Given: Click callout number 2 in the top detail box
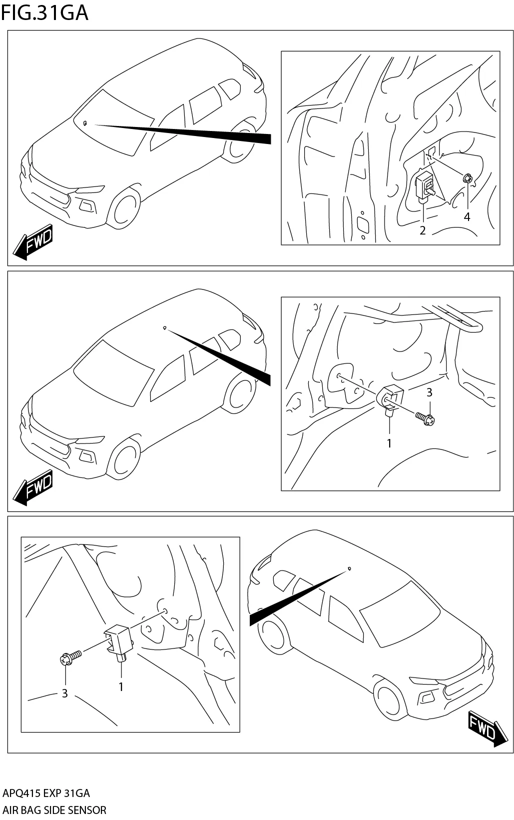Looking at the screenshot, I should (423, 230).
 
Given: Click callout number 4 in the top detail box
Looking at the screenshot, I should (467, 217).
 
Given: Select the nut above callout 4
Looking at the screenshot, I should (468, 178).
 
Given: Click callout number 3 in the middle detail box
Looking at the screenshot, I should (429, 393).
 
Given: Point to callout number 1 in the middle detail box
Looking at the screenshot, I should (389, 443).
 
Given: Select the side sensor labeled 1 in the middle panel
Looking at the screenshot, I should (390, 398).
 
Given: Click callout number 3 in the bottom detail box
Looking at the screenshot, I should (64, 693).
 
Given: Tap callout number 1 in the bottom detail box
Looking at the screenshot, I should (120, 687).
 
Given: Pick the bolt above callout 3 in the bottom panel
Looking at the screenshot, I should (69, 658).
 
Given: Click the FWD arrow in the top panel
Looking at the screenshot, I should (33, 243).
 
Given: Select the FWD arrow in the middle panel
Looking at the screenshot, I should (33, 487).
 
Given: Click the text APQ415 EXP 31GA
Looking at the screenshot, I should (46, 793).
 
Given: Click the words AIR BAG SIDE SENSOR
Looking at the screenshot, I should (54, 810).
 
